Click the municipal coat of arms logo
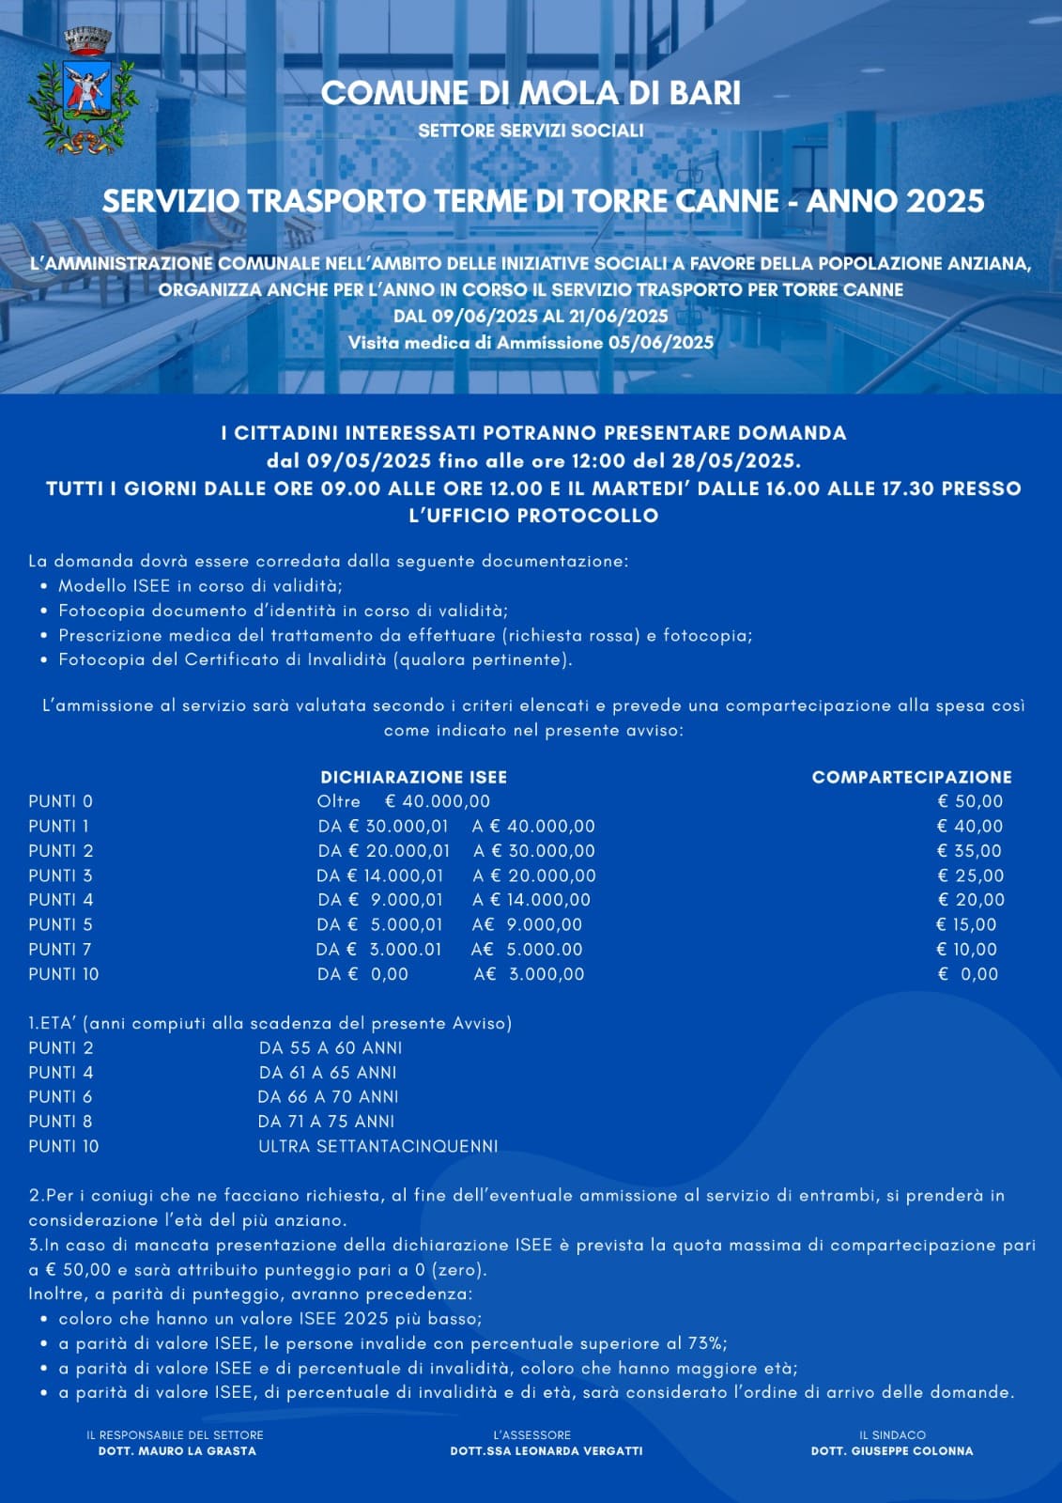tap(82, 91)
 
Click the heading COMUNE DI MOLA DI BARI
tap(531, 93)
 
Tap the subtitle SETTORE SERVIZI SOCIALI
tap(531, 131)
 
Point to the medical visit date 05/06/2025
tap(661, 343)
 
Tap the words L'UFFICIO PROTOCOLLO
tap(533, 516)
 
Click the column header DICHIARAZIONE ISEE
tap(413, 777)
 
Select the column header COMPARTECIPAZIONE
tap(912, 777)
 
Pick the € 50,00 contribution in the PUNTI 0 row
tap(970, 801)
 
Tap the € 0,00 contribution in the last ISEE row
tap(968, 974)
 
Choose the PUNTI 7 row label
tap(60, 950)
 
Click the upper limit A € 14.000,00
tap(531, 900)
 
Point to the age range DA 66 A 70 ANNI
tap(328, 1097)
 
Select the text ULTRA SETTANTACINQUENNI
tap(378, 1146)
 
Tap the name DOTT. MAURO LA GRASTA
tap(177, 1450)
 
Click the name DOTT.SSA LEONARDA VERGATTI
tap(546, 1450)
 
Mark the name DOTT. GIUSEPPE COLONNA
tap(892, 1450)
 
